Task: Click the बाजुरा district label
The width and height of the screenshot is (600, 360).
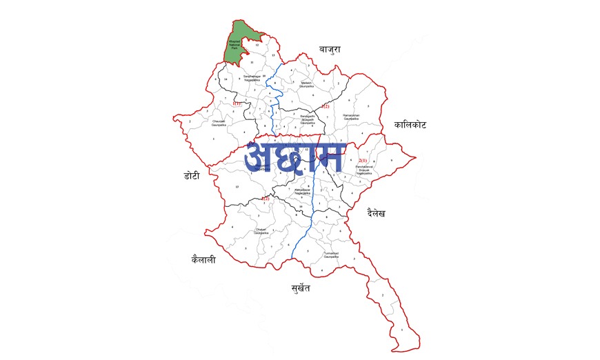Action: [x=330, y=50]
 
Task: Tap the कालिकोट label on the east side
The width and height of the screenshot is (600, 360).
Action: [x=410, y=125]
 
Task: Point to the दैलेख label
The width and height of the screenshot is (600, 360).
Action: [x=376, y=213]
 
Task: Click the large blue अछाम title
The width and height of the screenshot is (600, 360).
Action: [x=294, y=158]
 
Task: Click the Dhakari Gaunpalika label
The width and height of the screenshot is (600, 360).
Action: [x=260, y=231]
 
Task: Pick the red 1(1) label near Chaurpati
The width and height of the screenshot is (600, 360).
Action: [x=236, y=103]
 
